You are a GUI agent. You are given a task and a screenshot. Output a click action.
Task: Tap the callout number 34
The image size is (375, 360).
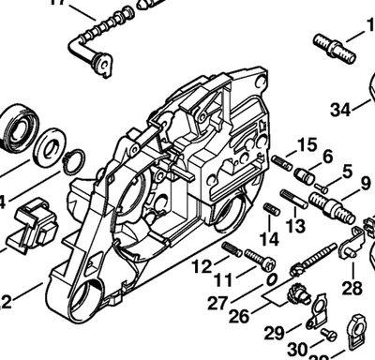pyautogui.click(x=340, y=111)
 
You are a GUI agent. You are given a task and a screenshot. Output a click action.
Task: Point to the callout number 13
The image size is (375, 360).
pyautogui.click(x=295, y=227)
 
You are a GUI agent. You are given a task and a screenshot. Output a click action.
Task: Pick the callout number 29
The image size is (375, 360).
pyautogui.click(x=275, y=332)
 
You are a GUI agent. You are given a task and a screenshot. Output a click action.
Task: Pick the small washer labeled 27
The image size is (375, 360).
pyautogui.click(x=269, y=279)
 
